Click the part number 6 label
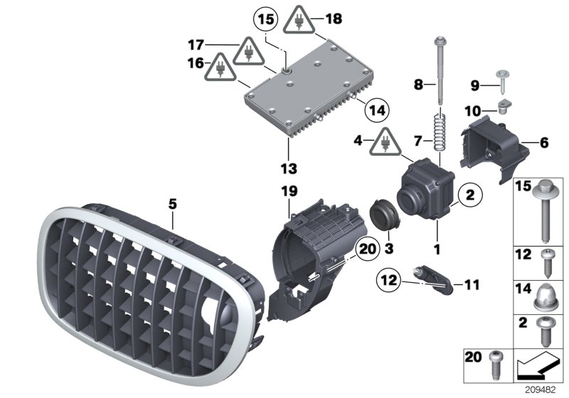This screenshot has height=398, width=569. click(x=544, y=143)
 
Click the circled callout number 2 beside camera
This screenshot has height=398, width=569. click(x=469, y=193)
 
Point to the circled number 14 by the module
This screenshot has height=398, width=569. click(x=377, y=110)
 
